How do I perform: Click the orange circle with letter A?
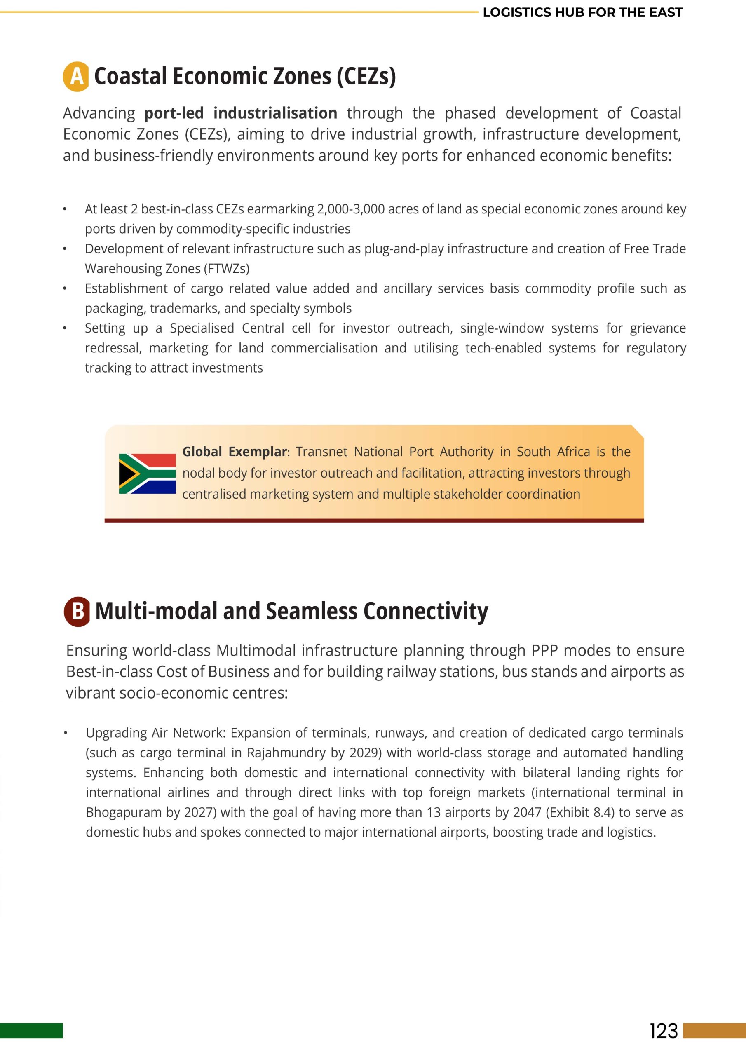(x=76, y=76)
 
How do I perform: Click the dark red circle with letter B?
(x=77, y=611)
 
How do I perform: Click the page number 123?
(x=663, y=1031)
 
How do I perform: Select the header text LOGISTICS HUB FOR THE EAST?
(x=582, y=12)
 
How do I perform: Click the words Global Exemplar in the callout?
(x=235, y=452)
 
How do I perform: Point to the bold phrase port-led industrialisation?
(x=241, y=113)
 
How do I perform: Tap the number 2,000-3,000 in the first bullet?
(x=351, y=209)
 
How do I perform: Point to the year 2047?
(x=527, y=812)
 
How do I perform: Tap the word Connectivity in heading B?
(x=426, y=611)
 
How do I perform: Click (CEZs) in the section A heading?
(x=366, y=76)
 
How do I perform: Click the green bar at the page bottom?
(x=31, y=1031)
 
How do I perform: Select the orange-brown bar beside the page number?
(x=714, y=1031)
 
